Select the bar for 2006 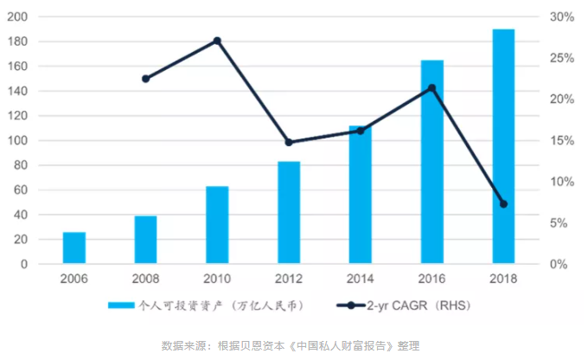coord(74,247)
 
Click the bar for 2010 coord(217,225)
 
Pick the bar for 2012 coord(289,212)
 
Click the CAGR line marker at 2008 coord(145,79)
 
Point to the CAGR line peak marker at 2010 coord(217,41)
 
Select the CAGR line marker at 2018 coord(503,204)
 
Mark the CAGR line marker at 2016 coord(432,87)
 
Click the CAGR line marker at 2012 coord(289,142)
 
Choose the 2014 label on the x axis coord(361,279)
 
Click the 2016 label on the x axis coord(432,279)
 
